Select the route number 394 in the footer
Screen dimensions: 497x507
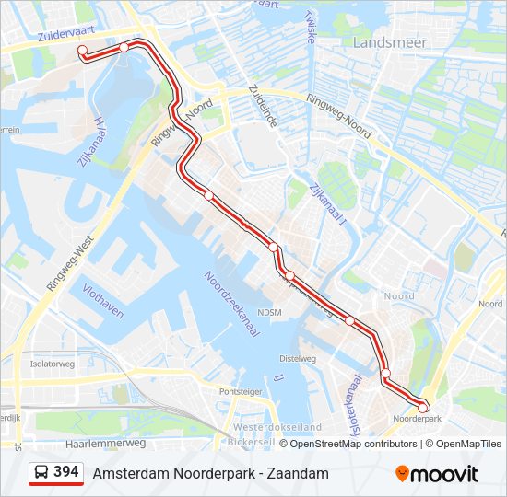pos(65,472)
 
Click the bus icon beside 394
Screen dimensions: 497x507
pos(42,473)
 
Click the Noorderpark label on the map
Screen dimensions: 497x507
pos(419,419)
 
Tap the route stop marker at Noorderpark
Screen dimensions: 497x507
pos(423,407)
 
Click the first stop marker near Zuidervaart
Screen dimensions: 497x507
pos(82,51)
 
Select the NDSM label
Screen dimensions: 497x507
pos(269,313)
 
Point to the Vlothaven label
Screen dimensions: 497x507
pos(102,299)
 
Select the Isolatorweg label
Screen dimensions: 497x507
pos(52,364)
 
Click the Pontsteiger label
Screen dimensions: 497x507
pos(241,391)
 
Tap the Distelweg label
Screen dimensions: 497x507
pos(297,358)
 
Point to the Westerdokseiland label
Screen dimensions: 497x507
pos(277,428)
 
